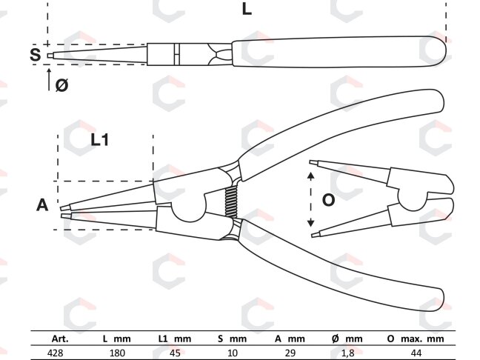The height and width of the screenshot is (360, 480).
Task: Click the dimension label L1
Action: pyautogui.click(x=100, y=140)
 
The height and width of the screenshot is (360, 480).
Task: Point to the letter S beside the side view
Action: pyautogui.click(x=36, y=55)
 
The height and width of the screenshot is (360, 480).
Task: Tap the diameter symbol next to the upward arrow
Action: pyautogui.click(x=61, y=84)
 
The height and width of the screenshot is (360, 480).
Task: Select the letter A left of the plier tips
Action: pyautogui.click(x=42, y=204)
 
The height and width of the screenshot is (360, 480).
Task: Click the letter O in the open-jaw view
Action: pyautogui.click(x=328, y=200)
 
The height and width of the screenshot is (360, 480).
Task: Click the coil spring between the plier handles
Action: pyautogui.click(x=231, y=201)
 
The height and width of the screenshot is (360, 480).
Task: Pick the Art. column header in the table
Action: pyautogui.click(x=60, y=339)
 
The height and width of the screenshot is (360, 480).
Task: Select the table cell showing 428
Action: pyautogui.click(x=56, y=353)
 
